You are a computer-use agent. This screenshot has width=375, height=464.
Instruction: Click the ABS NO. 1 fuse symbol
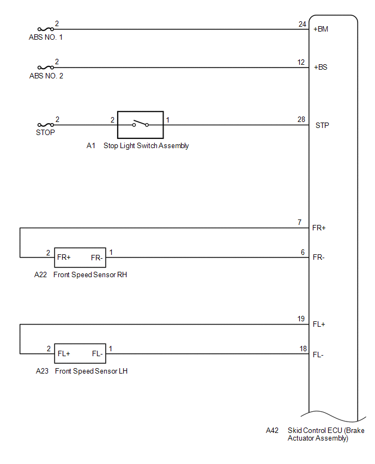point(46,29)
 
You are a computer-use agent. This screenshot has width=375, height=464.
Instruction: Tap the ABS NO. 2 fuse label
point(46,76)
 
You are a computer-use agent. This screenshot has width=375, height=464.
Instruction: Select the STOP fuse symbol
point(46,125)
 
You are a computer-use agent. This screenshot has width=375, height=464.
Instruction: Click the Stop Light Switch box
point(140,125)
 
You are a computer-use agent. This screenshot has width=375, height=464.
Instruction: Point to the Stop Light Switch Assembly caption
point(146,146)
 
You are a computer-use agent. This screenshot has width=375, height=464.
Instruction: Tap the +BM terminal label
point(321,29)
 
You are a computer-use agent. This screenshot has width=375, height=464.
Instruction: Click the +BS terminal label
point(320,68)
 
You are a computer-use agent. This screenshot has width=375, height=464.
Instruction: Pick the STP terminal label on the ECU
point(322,125)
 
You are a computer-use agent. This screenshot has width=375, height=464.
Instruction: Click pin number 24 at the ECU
point(302,24)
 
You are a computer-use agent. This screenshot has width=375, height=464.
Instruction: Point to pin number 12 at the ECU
point(301,62)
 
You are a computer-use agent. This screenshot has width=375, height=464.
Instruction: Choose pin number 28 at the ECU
point(302,119)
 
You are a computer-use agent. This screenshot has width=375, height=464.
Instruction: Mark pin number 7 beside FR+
point(300,223)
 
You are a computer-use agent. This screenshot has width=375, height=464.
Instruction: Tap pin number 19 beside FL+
point(301,319)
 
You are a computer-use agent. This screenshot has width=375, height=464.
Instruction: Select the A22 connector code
point(40,275)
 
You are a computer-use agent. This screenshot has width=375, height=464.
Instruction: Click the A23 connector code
point(42,371)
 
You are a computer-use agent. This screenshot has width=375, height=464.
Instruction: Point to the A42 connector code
point(272,430)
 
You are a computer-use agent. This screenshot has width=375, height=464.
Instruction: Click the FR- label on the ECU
point(319,257)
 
